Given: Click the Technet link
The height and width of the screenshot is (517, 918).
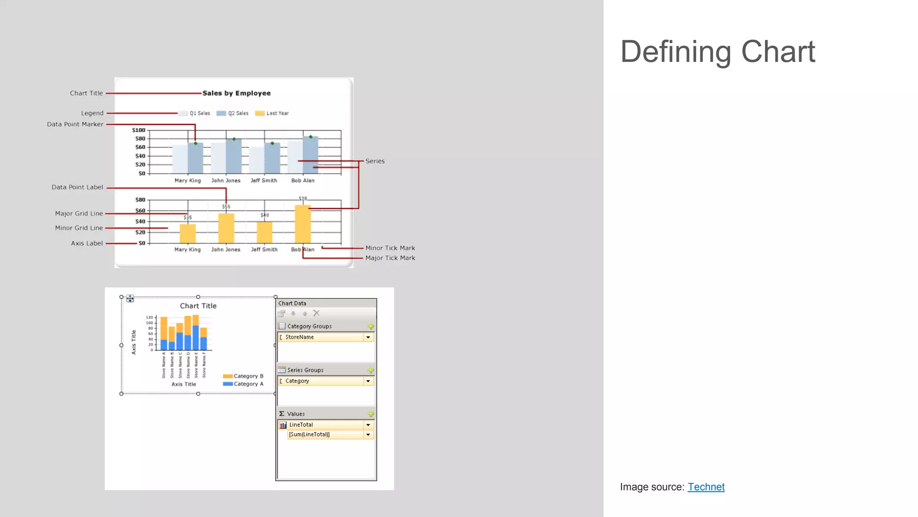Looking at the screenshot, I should point(706,487).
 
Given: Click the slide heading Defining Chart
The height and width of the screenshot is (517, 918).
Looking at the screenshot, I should point(717,52).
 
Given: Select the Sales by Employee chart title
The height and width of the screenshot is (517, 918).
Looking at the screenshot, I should point(236,93).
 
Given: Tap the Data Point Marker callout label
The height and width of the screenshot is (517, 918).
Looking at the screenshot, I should point(75,124).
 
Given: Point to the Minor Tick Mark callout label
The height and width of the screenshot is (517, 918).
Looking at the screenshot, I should point(390,248).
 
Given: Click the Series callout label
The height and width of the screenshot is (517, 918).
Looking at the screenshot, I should point(375,161).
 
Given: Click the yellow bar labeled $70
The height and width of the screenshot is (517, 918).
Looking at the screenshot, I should point(303,224).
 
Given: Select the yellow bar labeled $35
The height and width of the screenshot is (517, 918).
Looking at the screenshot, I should point(187,233).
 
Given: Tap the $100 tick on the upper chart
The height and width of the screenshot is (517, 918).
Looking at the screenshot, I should point(139,130).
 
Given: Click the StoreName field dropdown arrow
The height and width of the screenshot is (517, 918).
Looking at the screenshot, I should point(368,337).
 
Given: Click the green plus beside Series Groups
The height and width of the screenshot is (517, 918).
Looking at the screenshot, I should point(371,370).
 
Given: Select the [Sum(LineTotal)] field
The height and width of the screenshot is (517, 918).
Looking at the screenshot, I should point(325,434).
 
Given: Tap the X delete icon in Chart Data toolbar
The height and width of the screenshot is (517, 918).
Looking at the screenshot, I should point(316,313).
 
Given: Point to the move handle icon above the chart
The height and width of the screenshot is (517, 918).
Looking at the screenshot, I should point(130,298).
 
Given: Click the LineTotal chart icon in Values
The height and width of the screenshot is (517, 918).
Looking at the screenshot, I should point(283,425).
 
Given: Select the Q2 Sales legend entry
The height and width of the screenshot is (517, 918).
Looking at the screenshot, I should point(233,114).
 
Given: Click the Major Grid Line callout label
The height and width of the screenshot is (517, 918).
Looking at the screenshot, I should point(79,214).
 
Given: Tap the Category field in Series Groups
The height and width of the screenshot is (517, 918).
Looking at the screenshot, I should point(320,381).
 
